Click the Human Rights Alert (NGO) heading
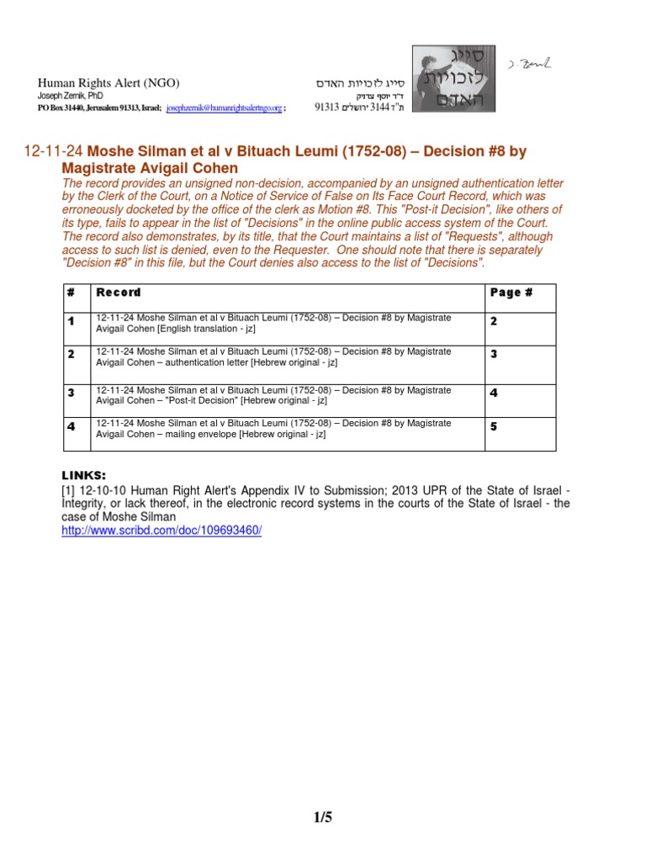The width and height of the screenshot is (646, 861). [x=109, y=83]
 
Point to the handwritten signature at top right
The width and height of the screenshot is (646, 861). [x=529, y=65]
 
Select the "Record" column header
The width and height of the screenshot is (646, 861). [x=119, y=293]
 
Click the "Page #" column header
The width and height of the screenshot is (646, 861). [x=511, y=293]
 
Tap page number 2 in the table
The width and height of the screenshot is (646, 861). [x=494, y=321]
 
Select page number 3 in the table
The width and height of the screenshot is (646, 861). [x=494, y=354]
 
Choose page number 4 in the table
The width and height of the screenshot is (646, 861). [x=494, y=393]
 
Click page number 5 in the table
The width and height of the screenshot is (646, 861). [x=494, y=426]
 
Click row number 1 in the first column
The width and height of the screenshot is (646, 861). [x=71, y=321]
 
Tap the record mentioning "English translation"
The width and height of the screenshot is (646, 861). [x=273, y=323]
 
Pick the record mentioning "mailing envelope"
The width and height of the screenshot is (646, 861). [x=273, y=429]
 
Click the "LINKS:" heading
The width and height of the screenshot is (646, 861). [x=85, y=475]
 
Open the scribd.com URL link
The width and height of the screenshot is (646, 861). [x=161, y=532]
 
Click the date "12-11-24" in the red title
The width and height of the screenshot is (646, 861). [x=53, y=152]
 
